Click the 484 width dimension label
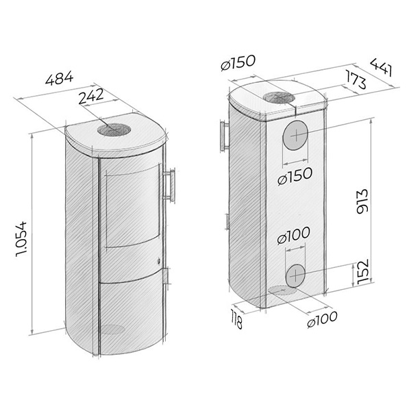tap(59, 78)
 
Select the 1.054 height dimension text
tap(21, 239)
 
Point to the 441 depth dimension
tap(382, 67)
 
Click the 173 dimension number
tap(356, 79)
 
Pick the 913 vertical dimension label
tap(363, 201)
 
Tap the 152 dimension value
tap(363, 271)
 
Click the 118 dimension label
tap(236, 319)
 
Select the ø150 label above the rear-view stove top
tap(238, 62)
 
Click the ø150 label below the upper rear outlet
tap(295, 176)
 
